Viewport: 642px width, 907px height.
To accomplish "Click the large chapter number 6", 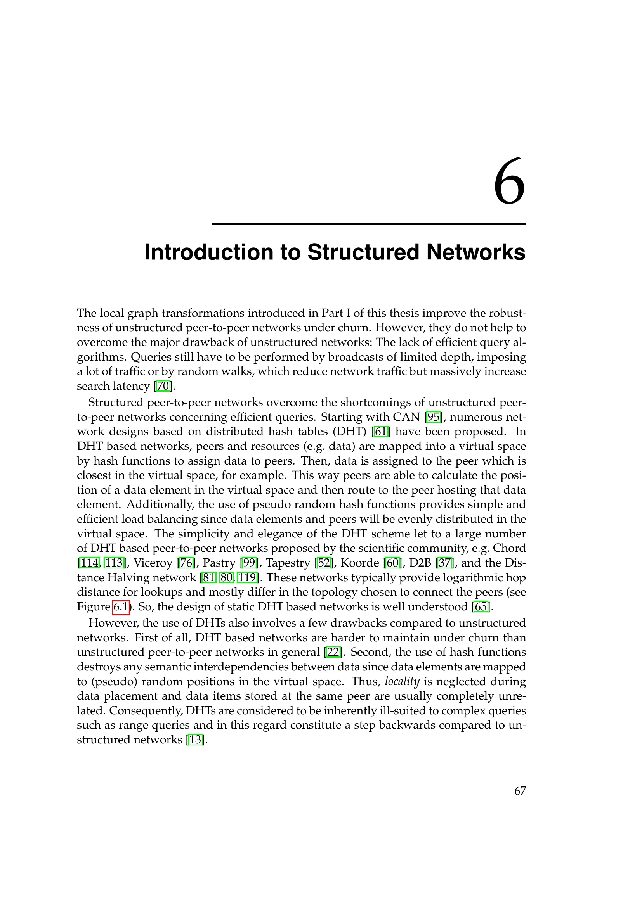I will coord(510,182).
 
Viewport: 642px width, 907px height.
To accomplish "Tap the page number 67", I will coord(520,790).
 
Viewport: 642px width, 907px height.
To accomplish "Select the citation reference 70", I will coord(163,386).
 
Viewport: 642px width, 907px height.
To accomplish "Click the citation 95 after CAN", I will coord(433,417).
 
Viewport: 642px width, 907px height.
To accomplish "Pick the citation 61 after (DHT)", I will coord(381,431).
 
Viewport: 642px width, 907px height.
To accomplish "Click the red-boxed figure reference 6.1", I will coord(121,607).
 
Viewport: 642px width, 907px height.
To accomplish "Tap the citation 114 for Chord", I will coord(90,563).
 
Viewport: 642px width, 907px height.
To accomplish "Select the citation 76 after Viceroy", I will coord(187,563).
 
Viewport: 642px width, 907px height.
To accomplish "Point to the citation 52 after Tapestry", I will coord(324,563).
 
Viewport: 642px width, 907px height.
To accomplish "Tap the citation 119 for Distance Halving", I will coord(247,577).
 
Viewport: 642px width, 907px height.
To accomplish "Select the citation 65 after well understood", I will coord(481,607).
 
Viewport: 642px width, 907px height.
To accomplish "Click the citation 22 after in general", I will coord(333,652).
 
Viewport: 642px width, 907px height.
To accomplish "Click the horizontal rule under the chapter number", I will coord(369,224).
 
